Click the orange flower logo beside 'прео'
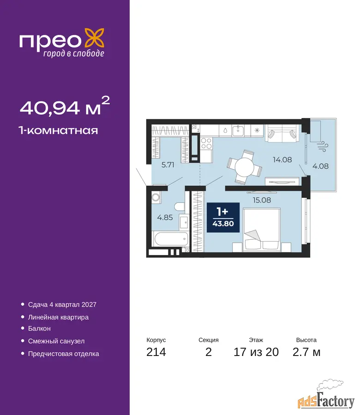pyautogui.click(x=94, y=39)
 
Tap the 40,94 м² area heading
pyautogui.click(x=65, y=106)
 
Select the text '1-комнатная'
pyautogui.click(x=58, y=130)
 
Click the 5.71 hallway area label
pyautogui.click(x=168, y=165)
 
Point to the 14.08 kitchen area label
pyautogui.click(x=282, y=160)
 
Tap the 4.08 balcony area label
pyautogui.click(x=320, y=166)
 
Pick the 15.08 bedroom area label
pyautogui.click(x=262, y=200)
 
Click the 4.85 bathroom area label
pyautogui.click(x=165, y=218)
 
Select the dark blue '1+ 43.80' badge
pyautogui.click(x=223, y=217)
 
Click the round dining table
pyautogui.click(x=245, y=167)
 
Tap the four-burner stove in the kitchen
pyautogui.click(x=206, y=143)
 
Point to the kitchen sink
pyautogui.click(x=238, y=130)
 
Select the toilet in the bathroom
pyautogui.click(x=180, y=207)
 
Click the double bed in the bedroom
pyautogui.click(x=262, y=230)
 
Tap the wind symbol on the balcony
pyautogui.click(x=323, y=147)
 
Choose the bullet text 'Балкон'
pyautogui.click(x=39, y=328)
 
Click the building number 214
pyautogui.click(x=156, y=352)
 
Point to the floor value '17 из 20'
pyautogui.click(x=256, y=352)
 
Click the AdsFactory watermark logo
pyautogui.click(x=326, y=395)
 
